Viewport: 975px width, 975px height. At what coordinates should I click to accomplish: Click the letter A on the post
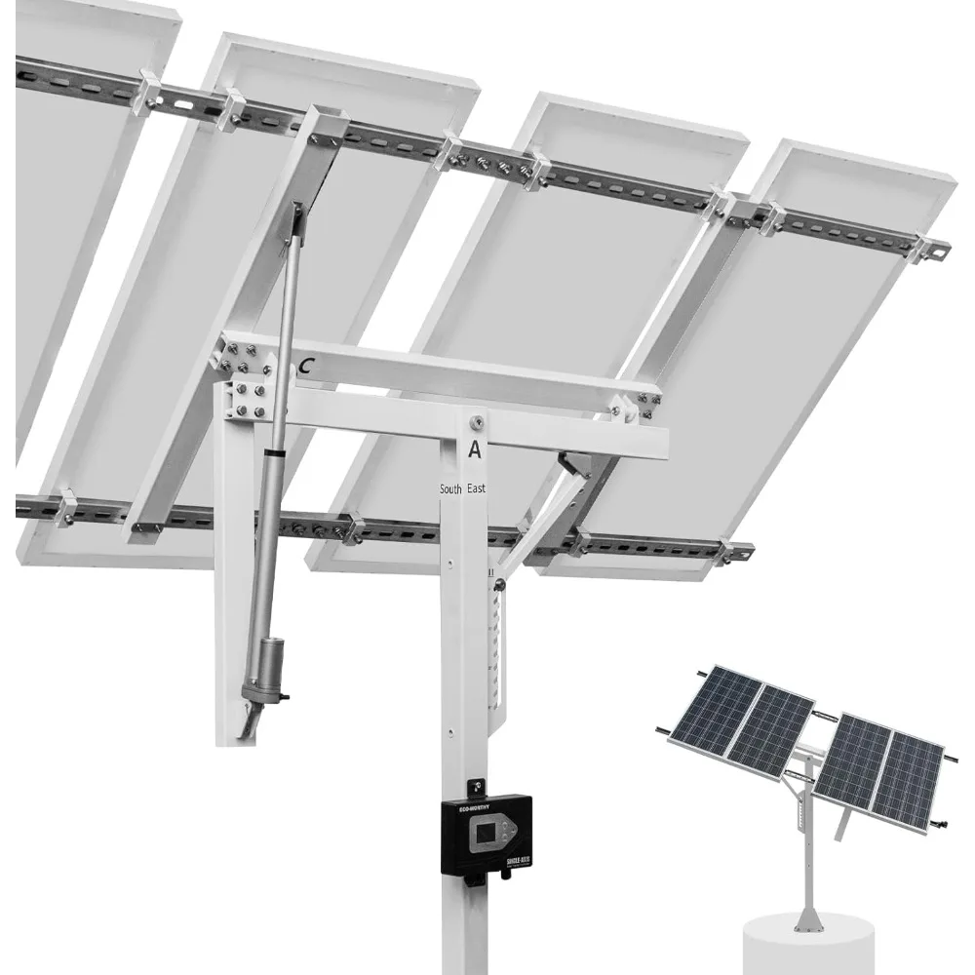pyautogui.click(x=475, y=449)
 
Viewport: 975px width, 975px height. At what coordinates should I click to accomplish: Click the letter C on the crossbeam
pyautogui.click(x=307, y=366)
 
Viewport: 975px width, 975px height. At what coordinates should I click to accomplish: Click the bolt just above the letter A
pyautogui.click(x=475, y=422)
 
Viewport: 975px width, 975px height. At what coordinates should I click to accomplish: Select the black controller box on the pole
pyautogui.click(x=487, y=834)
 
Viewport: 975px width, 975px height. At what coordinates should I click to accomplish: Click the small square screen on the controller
pyautogui.click(x=484, y=835)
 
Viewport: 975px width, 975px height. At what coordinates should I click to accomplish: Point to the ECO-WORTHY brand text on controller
pyautogui.click(x=467, y=806)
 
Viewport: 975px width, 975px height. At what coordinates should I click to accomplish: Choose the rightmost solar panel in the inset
pyautogui.click(x=908, y=779)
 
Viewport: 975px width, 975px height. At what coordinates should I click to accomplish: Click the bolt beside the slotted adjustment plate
pyautogui.click(x=499, y=585)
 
